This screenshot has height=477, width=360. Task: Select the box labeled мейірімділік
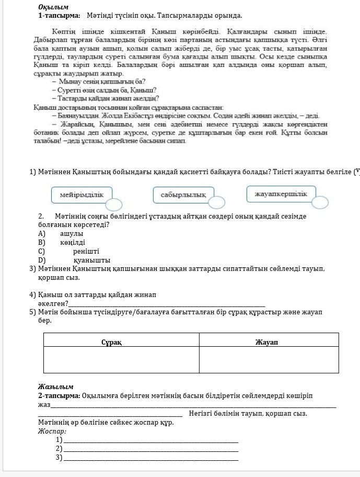pyautogui.click(x=82, y=195)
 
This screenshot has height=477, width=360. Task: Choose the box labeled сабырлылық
pyautogui.click(x=183, y=195)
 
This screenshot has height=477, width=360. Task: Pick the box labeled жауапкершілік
pyautogui.click(x=281, y=194)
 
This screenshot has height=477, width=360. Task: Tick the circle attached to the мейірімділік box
pyautogui.click(x=114, y=205)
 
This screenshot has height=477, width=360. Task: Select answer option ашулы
pyautogui.click(x=72, y=233)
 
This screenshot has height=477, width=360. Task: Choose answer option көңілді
pyautogui.click(x=73, y=242)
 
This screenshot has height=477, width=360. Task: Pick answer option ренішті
pyautogui.click(x=86, y=251)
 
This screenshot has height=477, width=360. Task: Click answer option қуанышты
pyautogui.click(x=92, y=260)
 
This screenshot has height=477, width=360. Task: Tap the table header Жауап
pyautogui.click(x=267, y=342)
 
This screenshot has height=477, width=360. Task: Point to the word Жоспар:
pyautogui.click(x=52, y=431)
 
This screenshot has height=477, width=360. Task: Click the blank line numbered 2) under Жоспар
pyautogui.click(x=150, y=448)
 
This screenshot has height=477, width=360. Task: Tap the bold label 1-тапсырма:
pyautogui.click(x=59, y=16)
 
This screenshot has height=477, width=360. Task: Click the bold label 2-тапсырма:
pyautogui.click(x=59, y=396)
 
